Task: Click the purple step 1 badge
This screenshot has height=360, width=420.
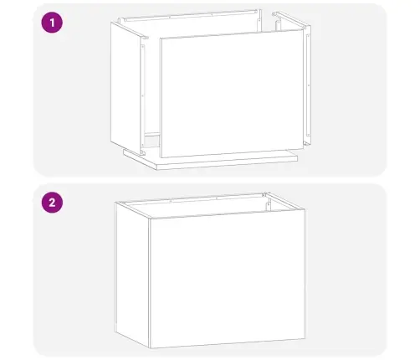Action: pos(54,23)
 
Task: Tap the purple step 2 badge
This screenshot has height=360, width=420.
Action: pos(54,202)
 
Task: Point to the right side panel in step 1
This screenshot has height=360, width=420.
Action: pos(308,80)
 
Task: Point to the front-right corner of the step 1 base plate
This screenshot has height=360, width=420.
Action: pos(296,157)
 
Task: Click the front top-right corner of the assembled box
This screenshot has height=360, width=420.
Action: pos(304,209)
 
